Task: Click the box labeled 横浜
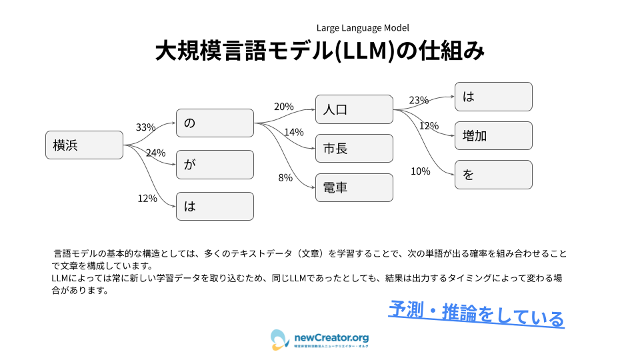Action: click(x=84, y=145)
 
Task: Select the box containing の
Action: click(x=215, y=123)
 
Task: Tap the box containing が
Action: click(x=215, y=165)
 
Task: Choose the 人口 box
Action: click(x=354, y=109)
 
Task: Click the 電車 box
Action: click(x=354, y=187)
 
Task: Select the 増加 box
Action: click(x=493, y=135)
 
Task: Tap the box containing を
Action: click(x=493, y=175)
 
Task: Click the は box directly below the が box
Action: click(x=215, y=206)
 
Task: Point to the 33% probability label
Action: click(x=145, y=127)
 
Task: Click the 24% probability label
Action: click(x=155, y=153)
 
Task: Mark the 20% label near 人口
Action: click(x=283, y=107)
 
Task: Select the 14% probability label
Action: click(x=293, y=132)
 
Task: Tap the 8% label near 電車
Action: click(x=285, y=177)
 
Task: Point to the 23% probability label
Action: click(x=419, y=101)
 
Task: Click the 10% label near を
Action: click(x=420, y=171)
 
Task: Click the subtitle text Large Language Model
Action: click(x=363, y=28)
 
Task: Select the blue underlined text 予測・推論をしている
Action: click(x=476, y=314)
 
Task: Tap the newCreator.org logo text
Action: click(x=331, y=338)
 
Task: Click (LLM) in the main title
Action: click(x=364, y=52)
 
